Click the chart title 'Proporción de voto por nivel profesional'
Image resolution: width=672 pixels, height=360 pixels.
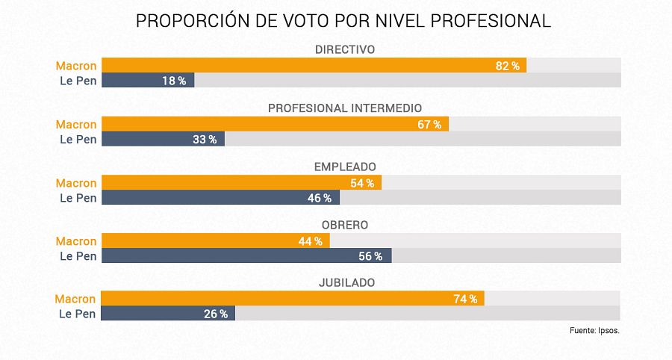coord(343,21)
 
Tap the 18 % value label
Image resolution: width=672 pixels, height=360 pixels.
coord(174,81)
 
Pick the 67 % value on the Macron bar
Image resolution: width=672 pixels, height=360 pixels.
coord(429,124)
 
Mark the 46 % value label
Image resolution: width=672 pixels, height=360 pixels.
coord(319,198)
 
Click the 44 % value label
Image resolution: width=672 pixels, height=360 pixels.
coord(310,241)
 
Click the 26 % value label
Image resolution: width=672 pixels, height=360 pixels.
coord(216,314)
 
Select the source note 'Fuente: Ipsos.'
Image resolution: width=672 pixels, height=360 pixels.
coord(594,330)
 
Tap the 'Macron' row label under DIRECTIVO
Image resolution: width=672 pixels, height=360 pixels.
coord(76,66)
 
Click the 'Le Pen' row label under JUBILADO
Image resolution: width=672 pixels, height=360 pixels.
coord(78,314)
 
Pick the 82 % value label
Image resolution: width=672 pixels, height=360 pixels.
coord(508,66)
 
